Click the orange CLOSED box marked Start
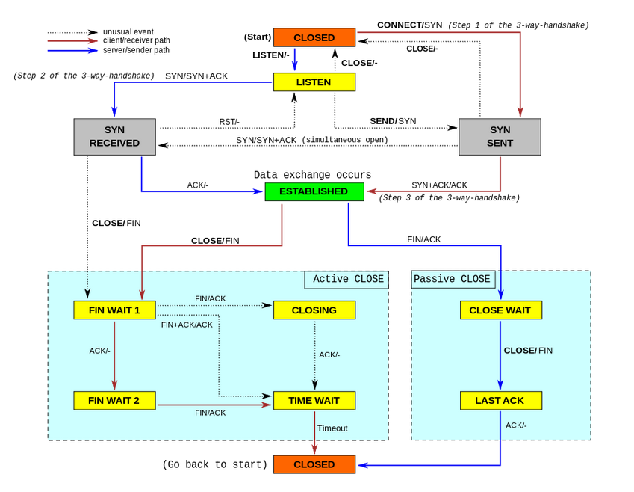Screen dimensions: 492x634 pos(314,37)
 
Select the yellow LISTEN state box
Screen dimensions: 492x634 pos(314,82)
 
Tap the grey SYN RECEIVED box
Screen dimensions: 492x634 pos(114,137)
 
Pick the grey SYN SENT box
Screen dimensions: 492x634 pos(500,137)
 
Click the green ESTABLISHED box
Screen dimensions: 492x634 pos(314,191)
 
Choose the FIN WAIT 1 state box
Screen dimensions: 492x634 pos(114,310)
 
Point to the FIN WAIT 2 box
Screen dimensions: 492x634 pos(114,400)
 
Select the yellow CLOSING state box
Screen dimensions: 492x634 pos(314,310)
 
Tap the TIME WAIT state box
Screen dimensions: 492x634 pos(314,400)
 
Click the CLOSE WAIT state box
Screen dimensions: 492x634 pos(500,310)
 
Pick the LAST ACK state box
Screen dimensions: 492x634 pos(500,400)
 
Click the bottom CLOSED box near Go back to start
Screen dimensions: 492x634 pos(314,464)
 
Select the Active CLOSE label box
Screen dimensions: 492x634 pos(347,280)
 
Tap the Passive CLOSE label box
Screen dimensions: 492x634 pos(453,280)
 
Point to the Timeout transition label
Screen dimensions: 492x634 pos(332,428)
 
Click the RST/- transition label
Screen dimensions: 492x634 pos(229,122)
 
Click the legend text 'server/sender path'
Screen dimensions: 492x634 pos(137,50)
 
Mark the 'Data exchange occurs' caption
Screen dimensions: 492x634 pos(312,175)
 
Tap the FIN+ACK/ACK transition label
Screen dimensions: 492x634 pos(187,325)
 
